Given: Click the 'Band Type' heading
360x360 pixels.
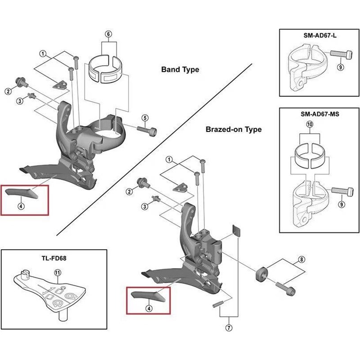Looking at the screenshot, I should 180,70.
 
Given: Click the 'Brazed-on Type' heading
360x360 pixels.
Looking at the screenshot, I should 234,130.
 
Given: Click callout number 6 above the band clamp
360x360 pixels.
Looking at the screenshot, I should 108,34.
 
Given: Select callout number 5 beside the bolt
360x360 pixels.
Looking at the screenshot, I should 144,118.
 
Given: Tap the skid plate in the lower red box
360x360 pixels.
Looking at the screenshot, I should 148,295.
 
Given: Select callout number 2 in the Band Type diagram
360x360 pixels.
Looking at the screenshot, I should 8,92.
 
